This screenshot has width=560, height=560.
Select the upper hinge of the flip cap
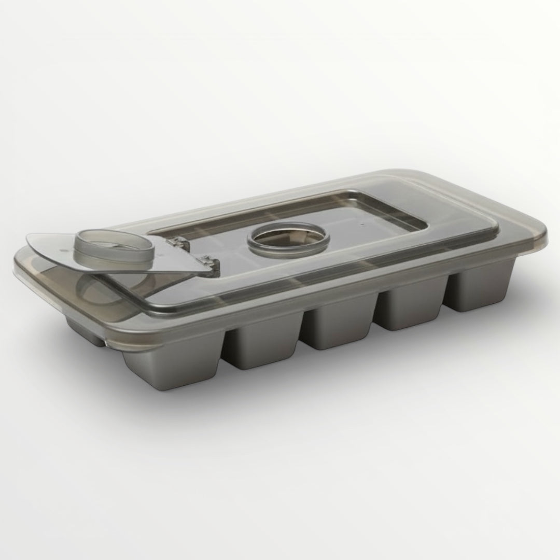pyautogui.click(x=178, y=242)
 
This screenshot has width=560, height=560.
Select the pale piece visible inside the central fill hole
pyautogui.click(x=301, y=236)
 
